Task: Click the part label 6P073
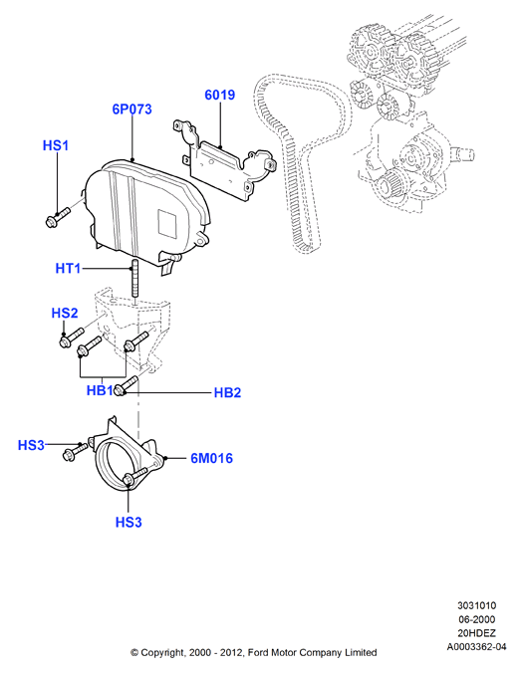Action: tap(132, 110)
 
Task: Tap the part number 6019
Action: tap(220, 95)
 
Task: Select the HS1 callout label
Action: tap(56, 145)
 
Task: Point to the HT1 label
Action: tap(68, 269)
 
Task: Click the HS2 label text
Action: tap(65, 313)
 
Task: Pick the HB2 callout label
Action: tap(227, 393)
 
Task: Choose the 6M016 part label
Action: tap(211, 458)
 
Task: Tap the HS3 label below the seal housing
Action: tap(129, 523)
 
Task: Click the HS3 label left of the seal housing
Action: tap(31, 445)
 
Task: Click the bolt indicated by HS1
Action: tap(57, 217)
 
